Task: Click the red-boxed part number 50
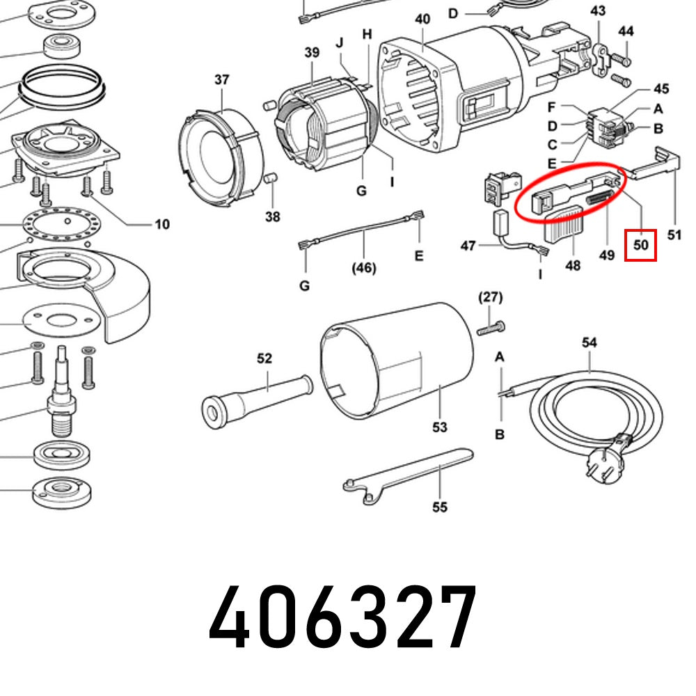(x=640, y=245)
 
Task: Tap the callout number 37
(x=221, y=80)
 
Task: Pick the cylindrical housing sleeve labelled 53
(x=397, y=362)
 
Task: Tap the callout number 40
(x=422, y=19)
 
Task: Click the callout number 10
(x=161, y=224)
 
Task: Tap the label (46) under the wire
(x=363, y=267)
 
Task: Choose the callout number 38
(x=272, y=217)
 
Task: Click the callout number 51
(x=674, y=235)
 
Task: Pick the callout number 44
(x=626, y=31)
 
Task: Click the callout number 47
(x=468, y=246)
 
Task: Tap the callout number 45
(x=661, y=89)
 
